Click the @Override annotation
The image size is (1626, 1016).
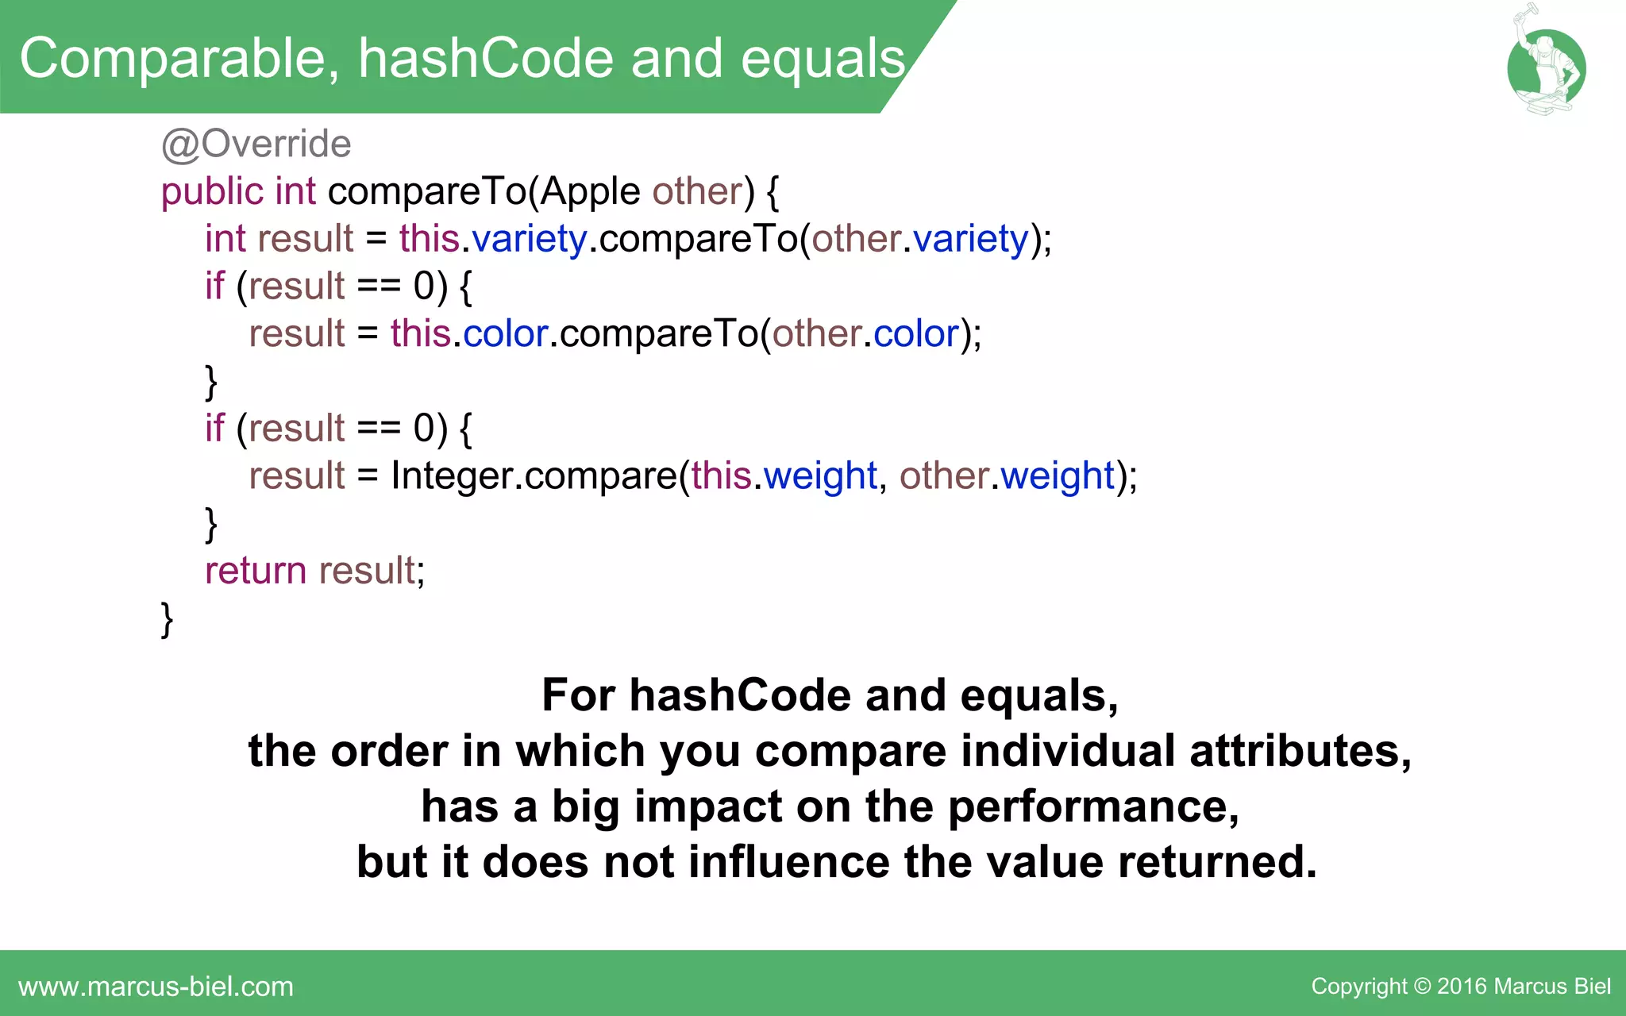click(x=256, y=144)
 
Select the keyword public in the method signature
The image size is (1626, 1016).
click(x=212, y=192)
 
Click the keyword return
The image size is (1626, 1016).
click(x=255, y=571)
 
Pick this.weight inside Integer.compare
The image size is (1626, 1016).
click(x=783, y=476)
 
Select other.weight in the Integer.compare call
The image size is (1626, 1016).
click(x=1007, y=476)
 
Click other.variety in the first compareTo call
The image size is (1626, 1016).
click(x=919, y=239)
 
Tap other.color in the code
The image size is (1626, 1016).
click(x=865, y=334)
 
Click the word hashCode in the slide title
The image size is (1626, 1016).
click(x=485, y=60)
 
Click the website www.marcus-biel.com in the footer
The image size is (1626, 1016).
click(x=156, y=987)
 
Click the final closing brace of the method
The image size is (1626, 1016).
click(x=167, y=619)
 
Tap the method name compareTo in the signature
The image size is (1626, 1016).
click(x=427, y=192)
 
